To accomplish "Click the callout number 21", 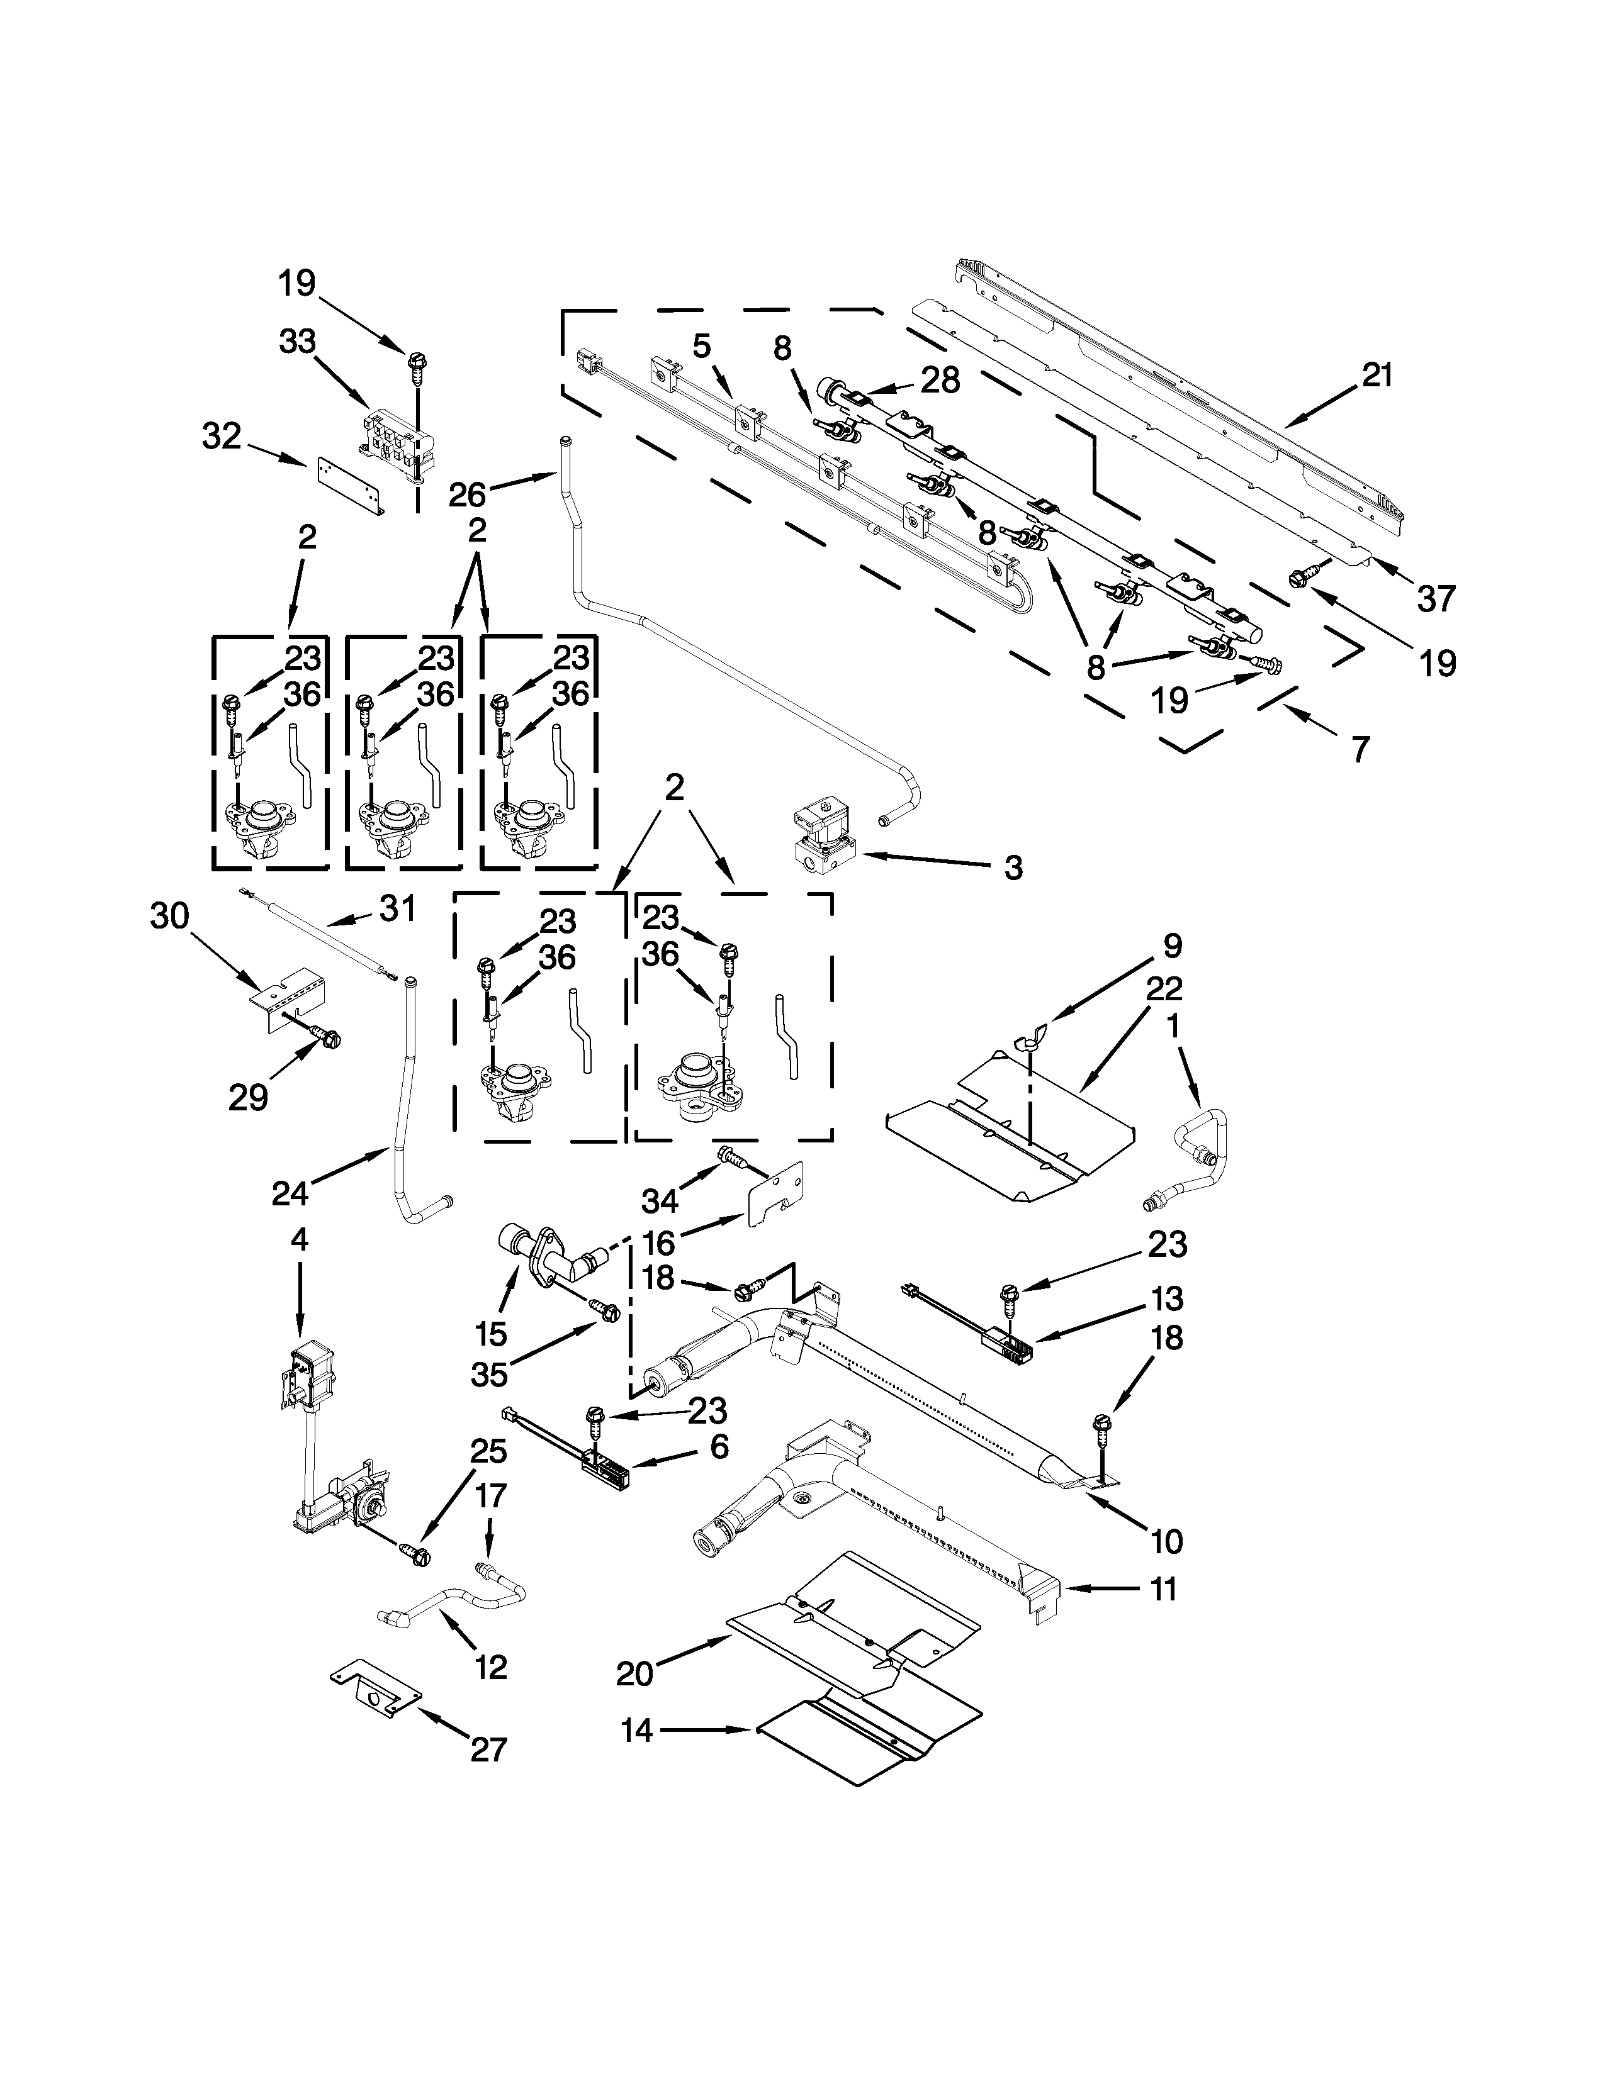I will (x=1376, y=376).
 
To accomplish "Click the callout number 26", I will (x=467, y=494).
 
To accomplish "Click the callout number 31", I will (x=397, y=909).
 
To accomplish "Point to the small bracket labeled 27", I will (x=376, y=1693).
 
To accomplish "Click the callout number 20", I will (x=634, y=1673).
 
